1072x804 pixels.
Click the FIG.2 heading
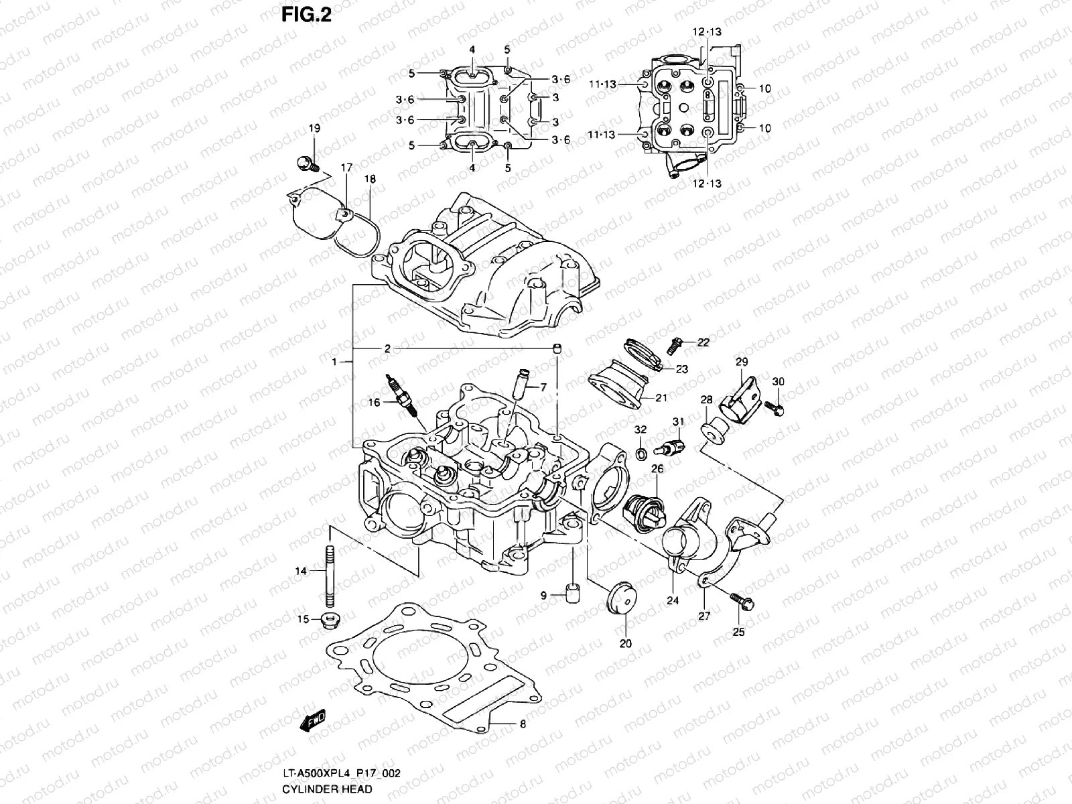click(306, 15)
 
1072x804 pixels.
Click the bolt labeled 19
click(305, 163)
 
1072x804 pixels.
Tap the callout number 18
click(370, 180)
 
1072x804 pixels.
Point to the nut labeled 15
click(328, 619)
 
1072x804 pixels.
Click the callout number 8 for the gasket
click(523, 724)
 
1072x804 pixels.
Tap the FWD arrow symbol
click(313, 720)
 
